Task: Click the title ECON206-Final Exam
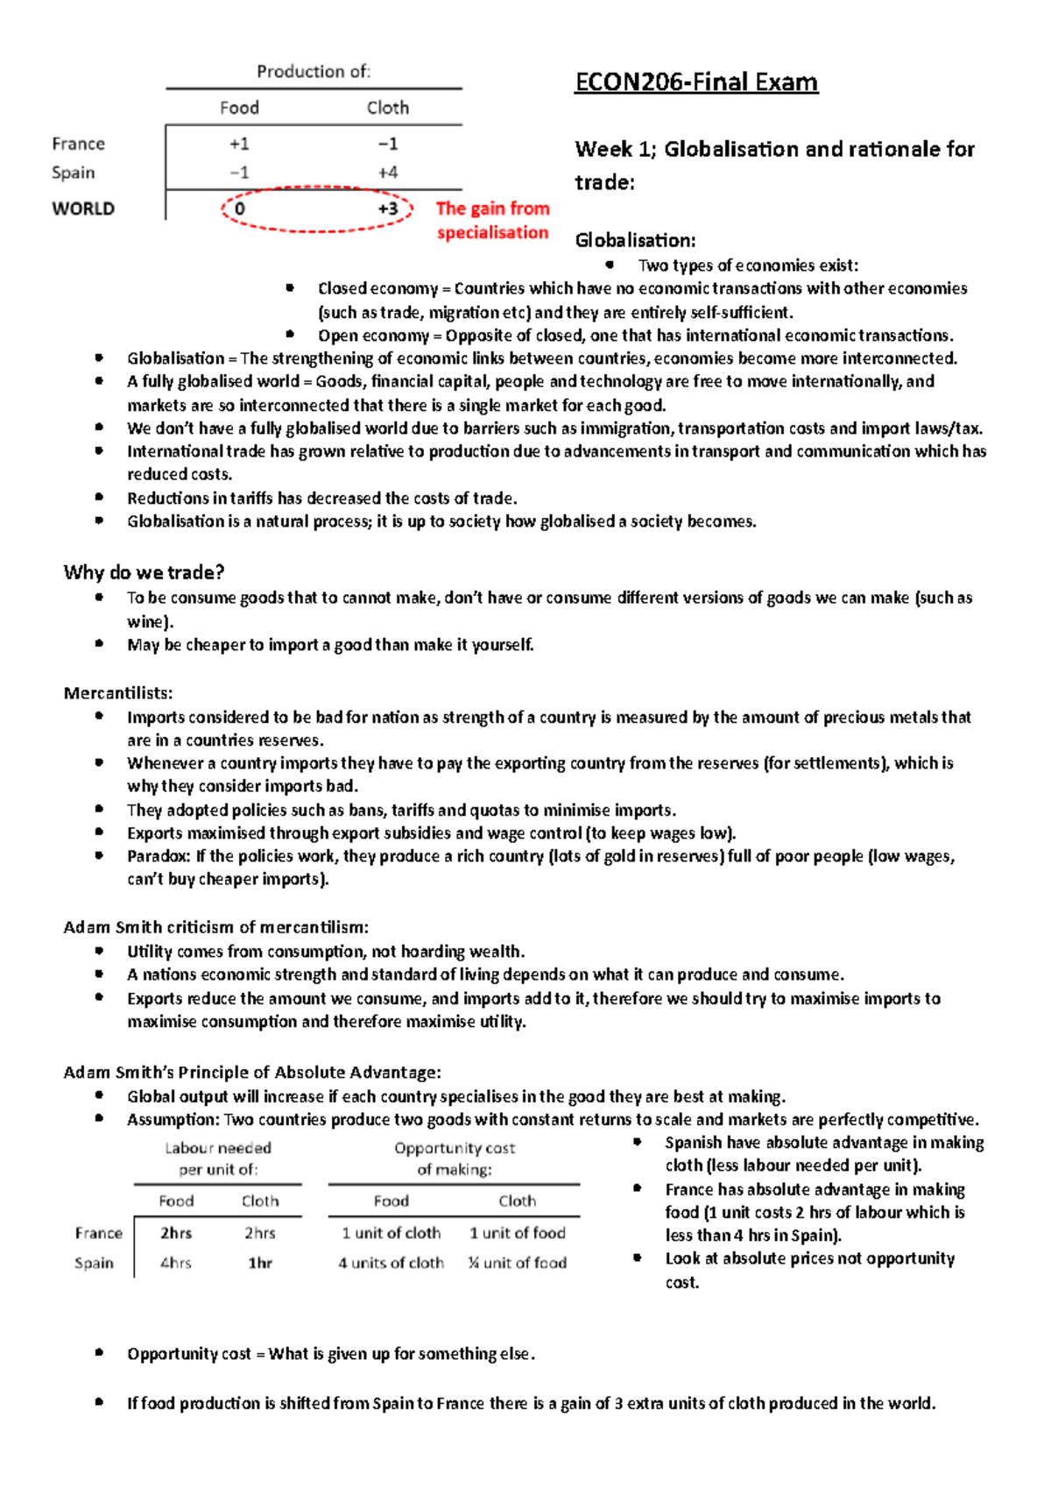pyautogui.click(x=695, y=82)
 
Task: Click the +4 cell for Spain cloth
pyautogui.click(x=387, y=173)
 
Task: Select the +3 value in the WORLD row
pyautogui.click(x=387, y=209)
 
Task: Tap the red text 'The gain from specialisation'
pyautogui.click(x=492, y=220)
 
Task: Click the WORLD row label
pyautogui.click(x=83, y=209)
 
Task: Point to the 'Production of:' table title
pyautogui.click(x=314, y=72)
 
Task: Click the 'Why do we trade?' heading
pyautogui.click(x=144, y=572)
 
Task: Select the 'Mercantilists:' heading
pyautogui.click(x=118, y=693)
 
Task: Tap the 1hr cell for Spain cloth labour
pyautogui.click(x=260, y=1263)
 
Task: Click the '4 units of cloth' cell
pyautogui.click(x=391, y=1263)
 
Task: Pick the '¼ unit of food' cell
pyautogui.click(x=517, y=1263)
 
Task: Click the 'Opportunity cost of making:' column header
pyautogui.click(x=454, y=1159)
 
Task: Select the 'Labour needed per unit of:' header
pyautogui.click(x=218, y=1159)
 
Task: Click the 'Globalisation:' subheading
pyautogui.click(x=635, y=240)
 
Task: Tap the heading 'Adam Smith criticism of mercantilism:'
pyautogui.click(x=215, y=927)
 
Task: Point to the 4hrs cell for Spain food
pyautogui.click(x=175, y=1263)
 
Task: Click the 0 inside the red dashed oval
pyautogui.click(x=239, y=209)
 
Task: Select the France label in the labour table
pyautogui.click(x=98, y=1233)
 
